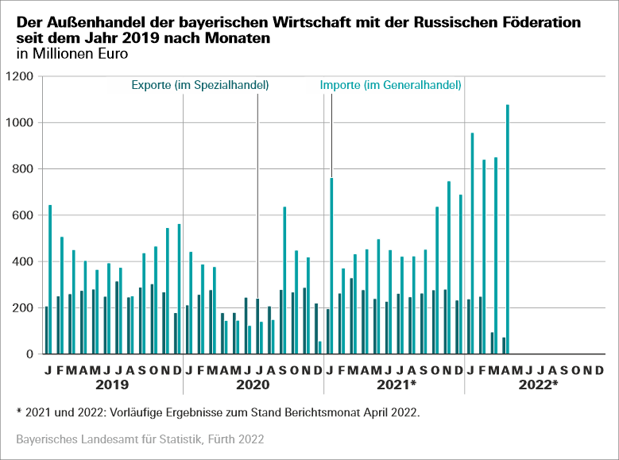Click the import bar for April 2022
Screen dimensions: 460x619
tap(507, 230)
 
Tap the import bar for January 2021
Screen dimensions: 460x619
tap(331, 266)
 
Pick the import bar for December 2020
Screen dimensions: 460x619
tap(320, 348)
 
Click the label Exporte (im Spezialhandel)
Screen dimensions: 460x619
tap(199, 85)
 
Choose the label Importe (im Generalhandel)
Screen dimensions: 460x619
tap(391, 85)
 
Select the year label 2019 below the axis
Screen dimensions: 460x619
tap(111, 385)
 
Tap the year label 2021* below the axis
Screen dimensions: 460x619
tap(396, 385)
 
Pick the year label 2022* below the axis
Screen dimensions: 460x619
tap(537, 385)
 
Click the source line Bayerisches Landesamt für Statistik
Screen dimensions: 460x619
tap(140, 439)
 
